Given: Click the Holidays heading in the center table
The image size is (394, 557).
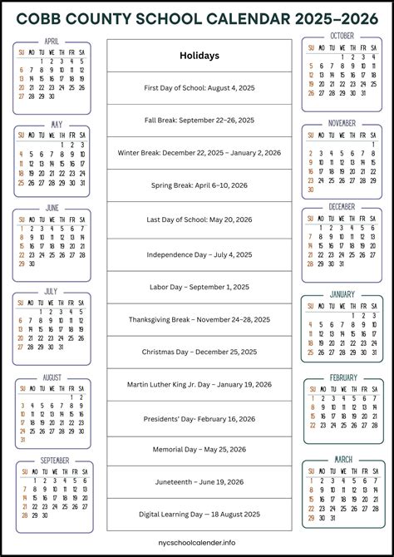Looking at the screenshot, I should pos(199,56).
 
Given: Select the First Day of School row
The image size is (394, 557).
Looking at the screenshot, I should pos(199,87).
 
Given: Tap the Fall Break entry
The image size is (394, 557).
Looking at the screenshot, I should pos(199,120).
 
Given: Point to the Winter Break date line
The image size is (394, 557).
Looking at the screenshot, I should pos(199,152).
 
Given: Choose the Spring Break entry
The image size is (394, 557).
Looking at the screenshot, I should pos(199,185).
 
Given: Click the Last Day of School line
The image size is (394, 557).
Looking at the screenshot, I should pos(199,219).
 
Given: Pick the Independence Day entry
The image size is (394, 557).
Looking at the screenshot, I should pos(199,254).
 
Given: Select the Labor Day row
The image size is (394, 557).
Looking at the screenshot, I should pos(199,287).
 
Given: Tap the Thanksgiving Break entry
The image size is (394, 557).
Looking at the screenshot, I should pos(199,319).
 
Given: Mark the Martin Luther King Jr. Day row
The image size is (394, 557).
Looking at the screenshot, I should pos(199,384).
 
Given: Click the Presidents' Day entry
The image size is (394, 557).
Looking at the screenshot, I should pos(199,417).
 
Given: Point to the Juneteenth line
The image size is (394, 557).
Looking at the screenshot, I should pos(199,482).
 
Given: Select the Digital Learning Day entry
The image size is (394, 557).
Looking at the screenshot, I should pos(199,515).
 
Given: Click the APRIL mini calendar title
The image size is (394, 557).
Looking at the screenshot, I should pos(52,41).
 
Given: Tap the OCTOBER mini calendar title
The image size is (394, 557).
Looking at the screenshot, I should pos(342,36).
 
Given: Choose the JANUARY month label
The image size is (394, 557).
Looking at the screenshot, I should pos(342,294).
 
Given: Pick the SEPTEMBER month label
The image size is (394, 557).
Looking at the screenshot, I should pos(54,461).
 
